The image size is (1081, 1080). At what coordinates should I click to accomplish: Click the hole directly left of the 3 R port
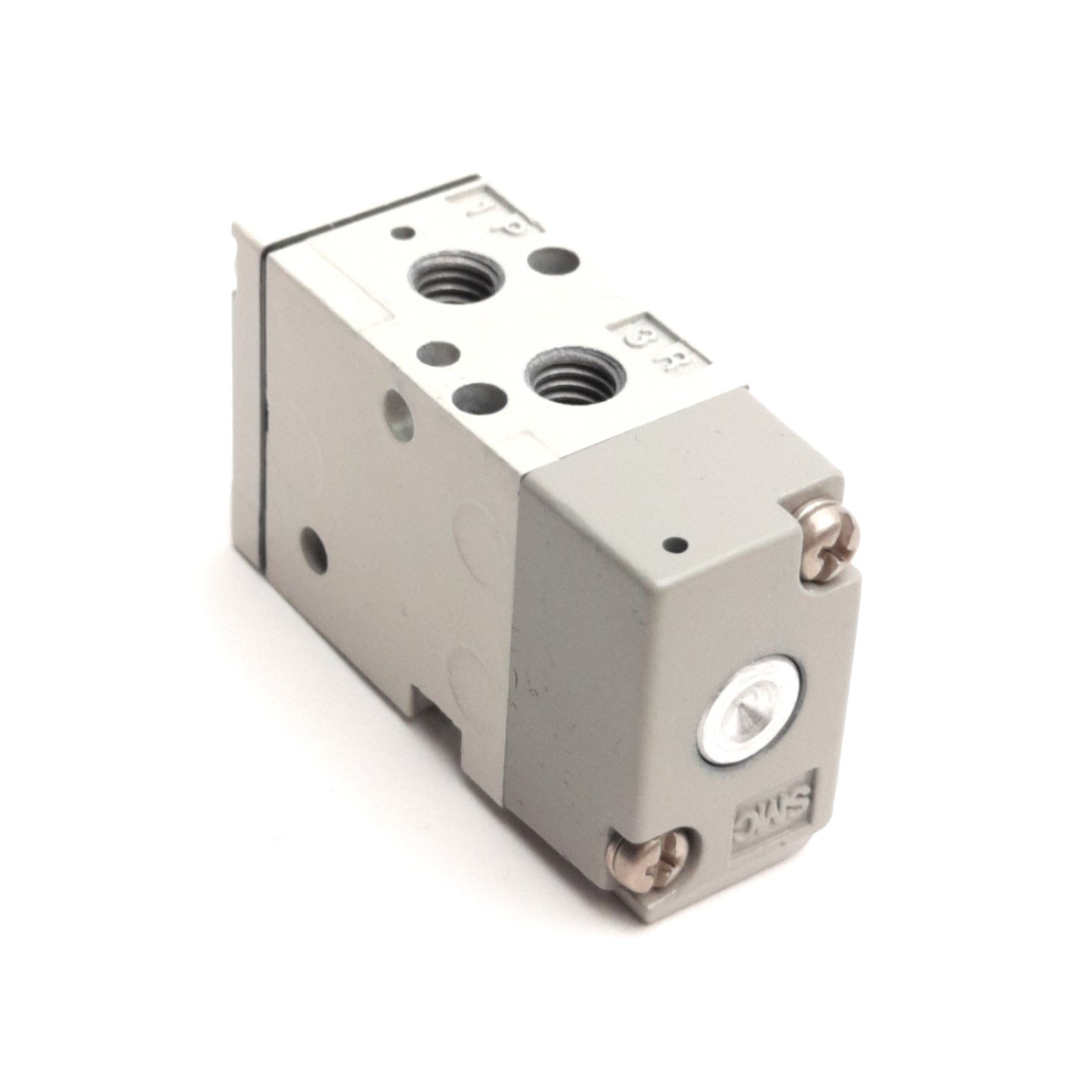pyautogui.click(x=477, y=395)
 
